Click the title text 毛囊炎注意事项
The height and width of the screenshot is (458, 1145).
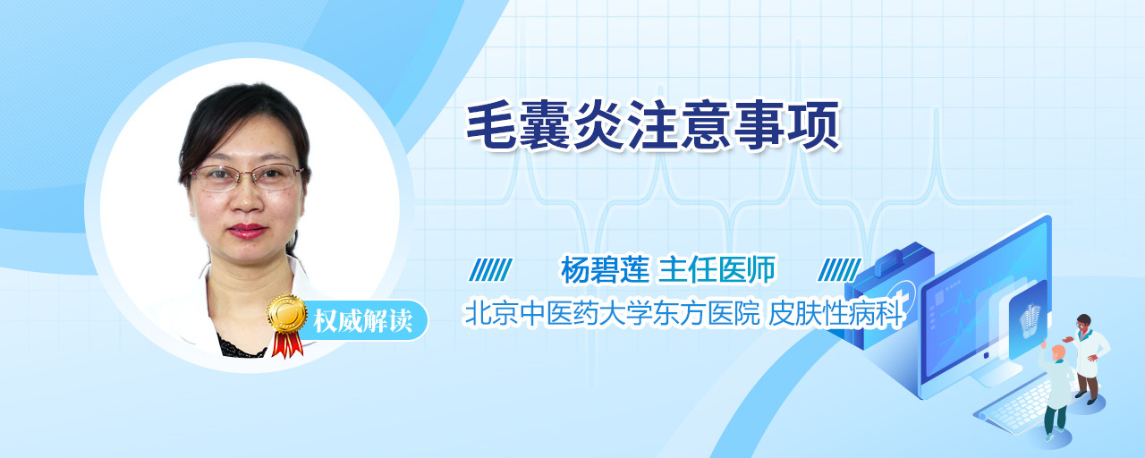click(x=652, y=126)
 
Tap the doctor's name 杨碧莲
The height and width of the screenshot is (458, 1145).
click(x=606, y=269)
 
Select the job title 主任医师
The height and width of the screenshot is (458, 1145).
click(x=717, y=269)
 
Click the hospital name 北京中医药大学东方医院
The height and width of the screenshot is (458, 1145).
click(x=612, y=313)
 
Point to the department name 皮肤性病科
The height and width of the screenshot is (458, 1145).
click(x=835, y=313)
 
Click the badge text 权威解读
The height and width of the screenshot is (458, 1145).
click(x=363, y=321)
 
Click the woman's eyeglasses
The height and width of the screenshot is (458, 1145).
click(x=247, y=177)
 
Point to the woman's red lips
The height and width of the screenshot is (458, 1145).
click(x=247, y=231)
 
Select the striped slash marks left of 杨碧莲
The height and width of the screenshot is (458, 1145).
click(x=491, y=269)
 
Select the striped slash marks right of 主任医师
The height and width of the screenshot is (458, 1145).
click(x=839, y=269)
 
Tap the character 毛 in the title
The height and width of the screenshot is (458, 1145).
click(x=491, y=126)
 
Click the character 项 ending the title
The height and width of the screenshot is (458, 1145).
click(x=813, y=126)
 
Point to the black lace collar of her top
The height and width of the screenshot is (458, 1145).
click(x=242, y=348)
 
